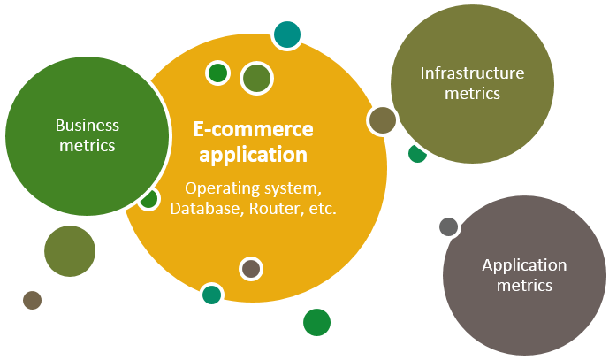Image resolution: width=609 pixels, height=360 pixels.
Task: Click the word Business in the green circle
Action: [87, 126]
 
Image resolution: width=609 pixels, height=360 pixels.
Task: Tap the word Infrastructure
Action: [472, 73]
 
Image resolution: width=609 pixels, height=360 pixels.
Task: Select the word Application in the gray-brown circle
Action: [524, 265]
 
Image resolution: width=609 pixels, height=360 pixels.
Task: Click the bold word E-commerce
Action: [253, 129]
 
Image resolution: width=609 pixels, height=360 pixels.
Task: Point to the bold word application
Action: [253, 156]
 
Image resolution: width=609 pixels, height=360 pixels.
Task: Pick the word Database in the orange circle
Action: [202, 209]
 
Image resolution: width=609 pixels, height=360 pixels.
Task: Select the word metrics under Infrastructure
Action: [472, 93]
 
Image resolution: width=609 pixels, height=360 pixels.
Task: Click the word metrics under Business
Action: [87, 145]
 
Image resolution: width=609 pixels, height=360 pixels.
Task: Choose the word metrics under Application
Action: [524, 285]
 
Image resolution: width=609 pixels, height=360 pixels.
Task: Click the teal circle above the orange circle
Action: [286, 34]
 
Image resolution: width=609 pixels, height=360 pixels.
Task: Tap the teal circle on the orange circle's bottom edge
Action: [211, 295]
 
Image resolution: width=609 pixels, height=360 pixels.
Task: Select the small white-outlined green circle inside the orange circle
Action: [217, 73]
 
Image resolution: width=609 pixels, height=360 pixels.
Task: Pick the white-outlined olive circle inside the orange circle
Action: [256, 78]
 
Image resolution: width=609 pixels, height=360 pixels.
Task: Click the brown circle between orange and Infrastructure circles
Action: [382, 120]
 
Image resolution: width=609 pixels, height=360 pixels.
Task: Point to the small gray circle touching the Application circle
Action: [448, 226]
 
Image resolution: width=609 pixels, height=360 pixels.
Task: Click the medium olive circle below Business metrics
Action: [70, 251]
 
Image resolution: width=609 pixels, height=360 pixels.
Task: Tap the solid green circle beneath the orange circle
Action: [316, 322]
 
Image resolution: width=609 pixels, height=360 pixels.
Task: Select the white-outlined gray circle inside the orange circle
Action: [251, 268]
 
